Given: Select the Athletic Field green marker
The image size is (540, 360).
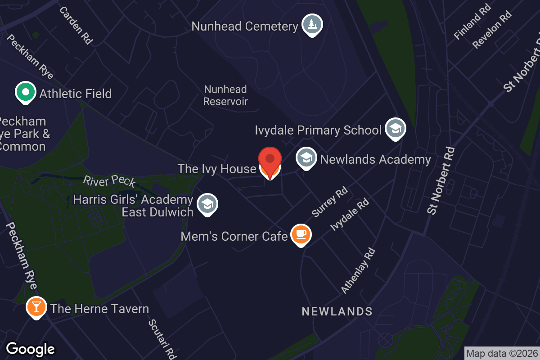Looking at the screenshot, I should (x=26, y=92).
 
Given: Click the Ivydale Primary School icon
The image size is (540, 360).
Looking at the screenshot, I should (x=395, y=129).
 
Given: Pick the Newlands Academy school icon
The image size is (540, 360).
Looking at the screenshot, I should (x=306, y=158).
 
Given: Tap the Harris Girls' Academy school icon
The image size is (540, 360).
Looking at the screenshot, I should (x=207, y=204).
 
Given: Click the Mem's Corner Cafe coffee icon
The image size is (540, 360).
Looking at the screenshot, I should (x=301, y=234).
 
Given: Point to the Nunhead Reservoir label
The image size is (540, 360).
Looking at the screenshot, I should (x=225, y=95).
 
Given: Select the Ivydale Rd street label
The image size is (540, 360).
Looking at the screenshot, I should (x=350, y=216).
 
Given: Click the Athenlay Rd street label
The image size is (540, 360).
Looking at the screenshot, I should (x=358, y=271).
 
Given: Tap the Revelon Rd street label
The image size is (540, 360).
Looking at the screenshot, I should (x=492, y=29).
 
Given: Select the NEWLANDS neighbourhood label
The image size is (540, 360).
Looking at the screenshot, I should (x=337, y=311).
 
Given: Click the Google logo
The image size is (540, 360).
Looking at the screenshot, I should (x=31, y=349).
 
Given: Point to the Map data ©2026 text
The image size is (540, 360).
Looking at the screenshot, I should (x=502, y=353).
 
